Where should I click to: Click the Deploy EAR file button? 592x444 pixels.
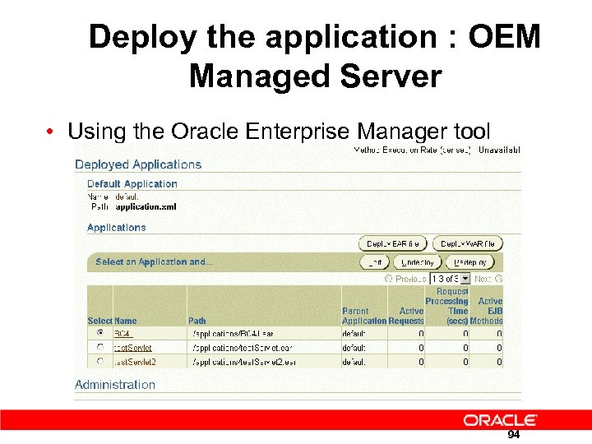click(x=393, y=243)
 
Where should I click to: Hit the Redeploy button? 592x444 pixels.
click(x=470, y=262)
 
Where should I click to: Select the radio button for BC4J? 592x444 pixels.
click(x=99, y=334)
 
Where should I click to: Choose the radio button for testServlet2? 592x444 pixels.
click(x=99, y=360)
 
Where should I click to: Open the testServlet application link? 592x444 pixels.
click(x=132, y=348)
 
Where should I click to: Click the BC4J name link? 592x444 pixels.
click(x=123, y=334)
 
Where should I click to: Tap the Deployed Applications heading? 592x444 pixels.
click(x=138, y=164)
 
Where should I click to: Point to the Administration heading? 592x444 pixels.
click(x=115, y=384)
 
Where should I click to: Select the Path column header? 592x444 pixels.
click(x=197, y=321)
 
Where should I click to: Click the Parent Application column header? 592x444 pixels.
click(x=363, y=316)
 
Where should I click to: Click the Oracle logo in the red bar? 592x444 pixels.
click(x=500, y=420)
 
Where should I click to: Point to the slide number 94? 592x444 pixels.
click(x=513, y=435)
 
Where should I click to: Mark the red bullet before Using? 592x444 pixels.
click(x=51, y=132)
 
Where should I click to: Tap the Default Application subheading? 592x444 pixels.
click(x=132, y=184)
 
